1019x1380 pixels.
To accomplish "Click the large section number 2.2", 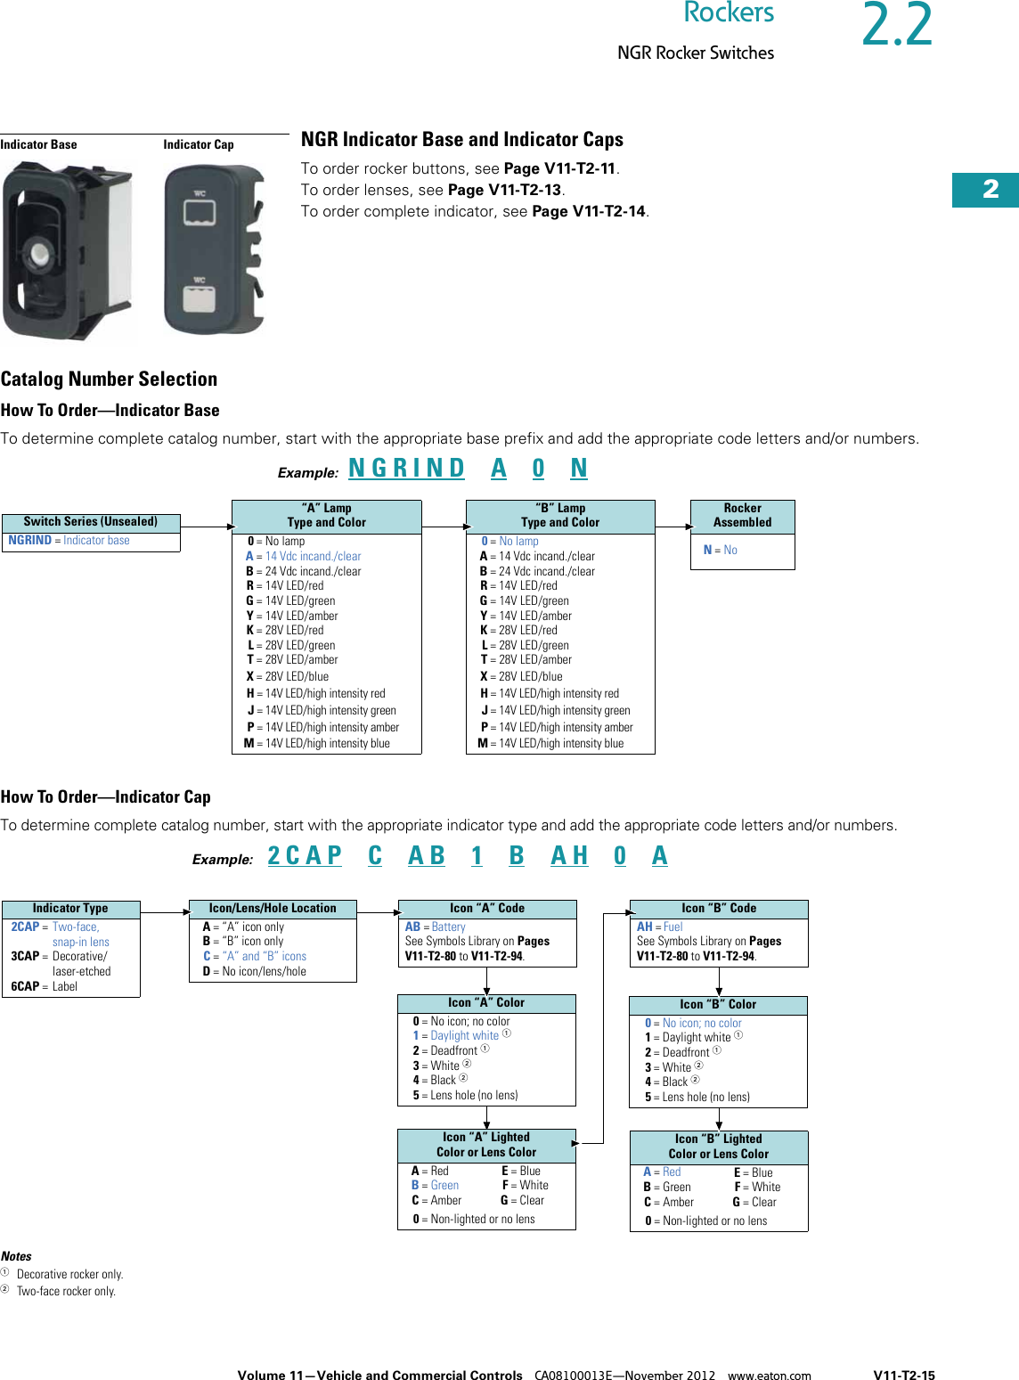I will (x=897, y=26).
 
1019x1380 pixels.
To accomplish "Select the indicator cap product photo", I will (x=214, y=249).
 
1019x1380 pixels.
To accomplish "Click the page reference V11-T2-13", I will (x=505, y=190).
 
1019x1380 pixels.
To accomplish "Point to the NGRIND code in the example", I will (x=406, y=469).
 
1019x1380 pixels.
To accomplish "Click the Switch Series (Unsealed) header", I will (x=91, y=522).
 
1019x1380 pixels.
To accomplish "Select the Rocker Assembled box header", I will (x=742, y=516).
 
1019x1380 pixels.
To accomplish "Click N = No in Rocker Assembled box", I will (x=721, y=551).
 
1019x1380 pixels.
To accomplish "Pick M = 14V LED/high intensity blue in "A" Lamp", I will (x=318, y=744).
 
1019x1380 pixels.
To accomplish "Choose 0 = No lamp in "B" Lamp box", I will (x=510, y=542).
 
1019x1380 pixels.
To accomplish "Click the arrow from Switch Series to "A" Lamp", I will (x=206, y=527).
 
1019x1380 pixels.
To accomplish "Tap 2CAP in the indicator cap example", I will (x=305, y=856).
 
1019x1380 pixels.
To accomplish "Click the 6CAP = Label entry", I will (x=45, y=987).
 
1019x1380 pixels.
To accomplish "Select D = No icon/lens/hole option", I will (x=255, y=972).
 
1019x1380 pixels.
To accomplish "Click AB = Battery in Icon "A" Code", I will (x=436, y=927).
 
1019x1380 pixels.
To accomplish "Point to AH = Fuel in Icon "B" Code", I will (x=660, y=927).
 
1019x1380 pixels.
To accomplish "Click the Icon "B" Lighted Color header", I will (x=718, y=1147).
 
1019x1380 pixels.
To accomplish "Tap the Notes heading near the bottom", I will (x=16, y=1256).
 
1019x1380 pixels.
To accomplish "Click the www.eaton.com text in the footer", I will (x=769, y=1376).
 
